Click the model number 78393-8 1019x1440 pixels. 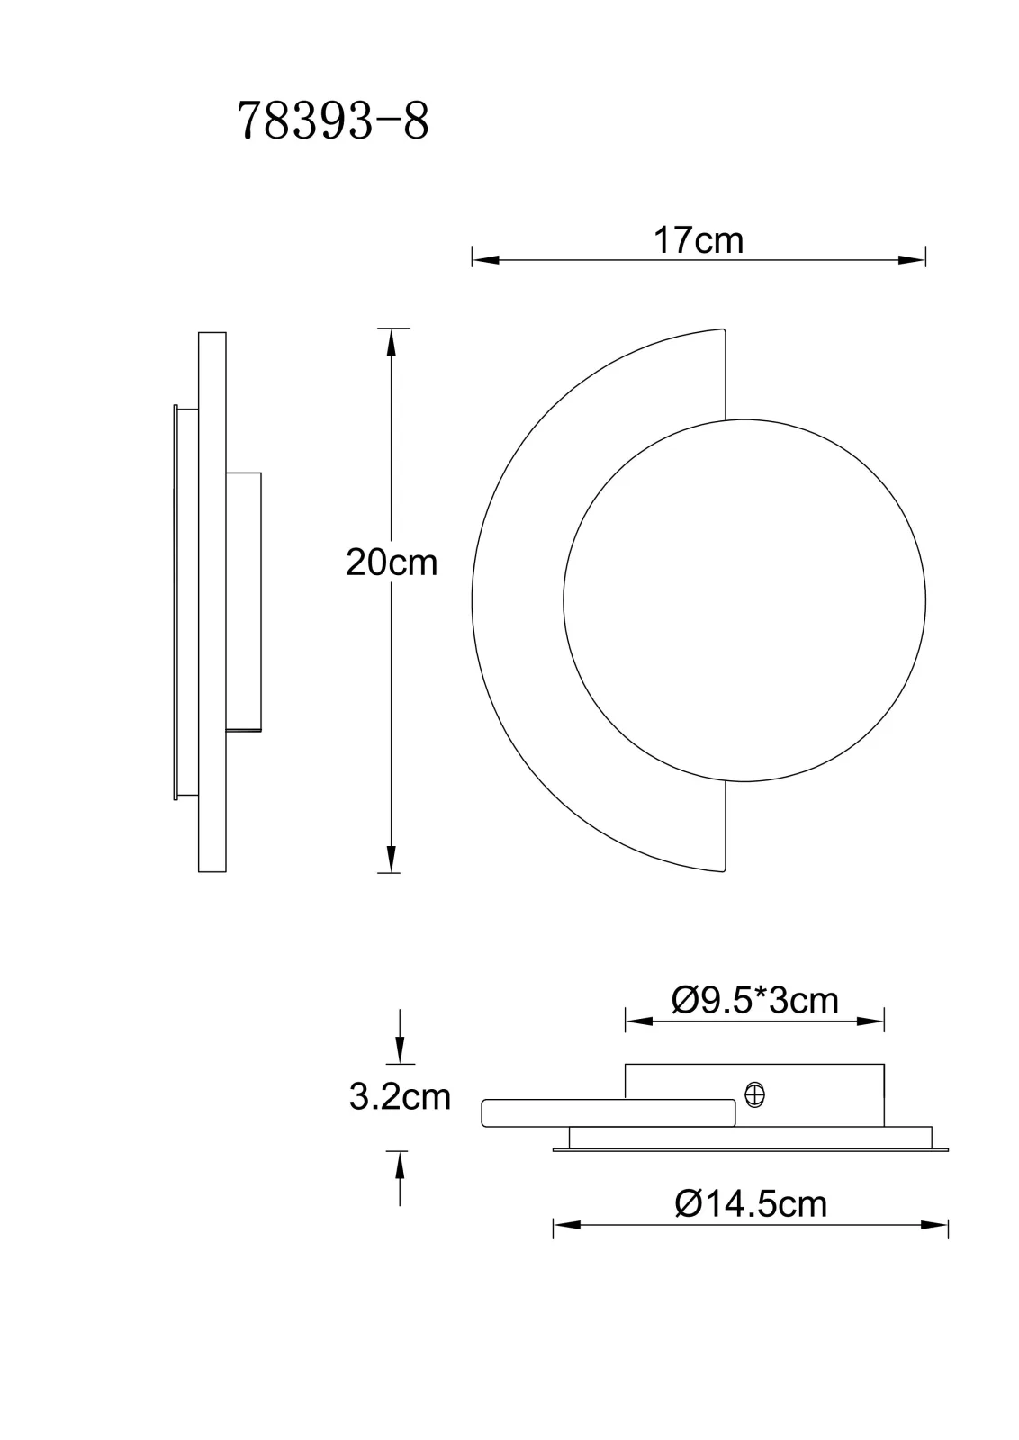333,121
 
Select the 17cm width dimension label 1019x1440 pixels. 699,240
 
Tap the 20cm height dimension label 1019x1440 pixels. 392,562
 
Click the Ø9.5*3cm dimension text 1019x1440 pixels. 754,1001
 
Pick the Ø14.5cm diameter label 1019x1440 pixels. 751,1204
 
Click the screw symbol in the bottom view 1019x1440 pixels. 754,1094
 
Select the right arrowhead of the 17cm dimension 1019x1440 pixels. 912,260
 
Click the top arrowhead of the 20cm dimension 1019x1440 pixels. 392,342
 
